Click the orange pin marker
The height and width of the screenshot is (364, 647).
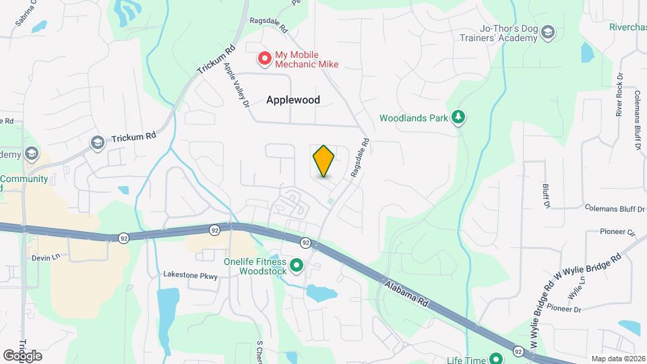(x=323, y=161)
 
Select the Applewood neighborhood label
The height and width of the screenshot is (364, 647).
(x=292, y=100)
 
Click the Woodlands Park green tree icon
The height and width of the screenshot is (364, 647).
(x=458, y=118)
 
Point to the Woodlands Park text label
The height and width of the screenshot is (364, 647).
(x=413, y=118)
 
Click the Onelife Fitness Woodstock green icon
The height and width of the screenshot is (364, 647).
(x=297, y=268)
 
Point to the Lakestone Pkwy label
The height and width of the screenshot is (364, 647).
(x=191, y=274)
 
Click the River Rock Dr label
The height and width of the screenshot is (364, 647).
(x=619, y=95)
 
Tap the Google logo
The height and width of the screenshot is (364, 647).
(x=22, y=355)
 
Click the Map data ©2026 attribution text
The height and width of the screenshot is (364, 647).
(x=617, y=359)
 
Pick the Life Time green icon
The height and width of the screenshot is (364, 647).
(x=496, y=359)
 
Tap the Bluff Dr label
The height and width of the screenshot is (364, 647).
(x=547, y=195)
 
